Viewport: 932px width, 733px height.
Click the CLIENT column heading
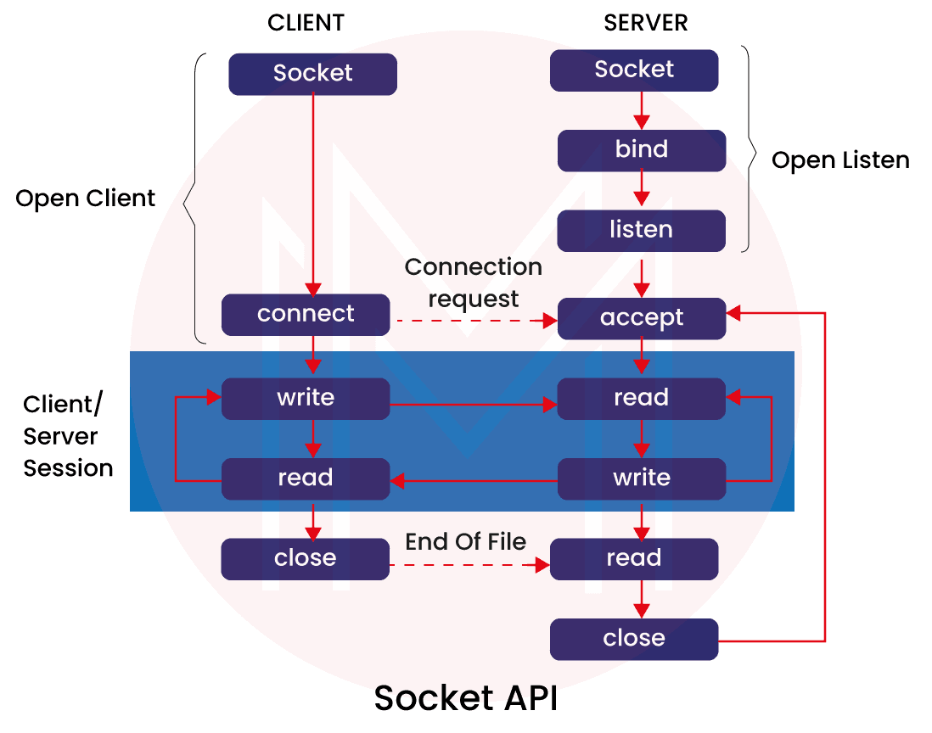306,23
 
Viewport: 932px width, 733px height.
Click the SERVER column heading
645,23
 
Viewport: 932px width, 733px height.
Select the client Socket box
312,74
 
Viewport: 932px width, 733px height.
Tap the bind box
641,150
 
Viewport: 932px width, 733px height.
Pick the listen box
641,230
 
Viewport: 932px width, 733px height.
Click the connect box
306,314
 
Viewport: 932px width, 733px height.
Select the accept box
641,318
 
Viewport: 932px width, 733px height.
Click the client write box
306,398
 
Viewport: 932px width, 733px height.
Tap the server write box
641,478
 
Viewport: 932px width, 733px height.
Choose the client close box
305,558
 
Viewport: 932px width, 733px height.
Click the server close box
633,639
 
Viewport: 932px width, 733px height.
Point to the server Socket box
634,70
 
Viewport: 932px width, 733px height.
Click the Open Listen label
840,160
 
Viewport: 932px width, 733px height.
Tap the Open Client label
86,199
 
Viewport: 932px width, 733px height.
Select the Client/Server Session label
68,436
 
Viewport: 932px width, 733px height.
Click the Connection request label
473,283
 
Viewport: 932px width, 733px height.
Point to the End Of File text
466,541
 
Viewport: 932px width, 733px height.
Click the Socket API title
466,698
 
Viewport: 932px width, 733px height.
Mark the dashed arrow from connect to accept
472,321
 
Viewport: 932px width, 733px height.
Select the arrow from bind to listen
641,190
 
